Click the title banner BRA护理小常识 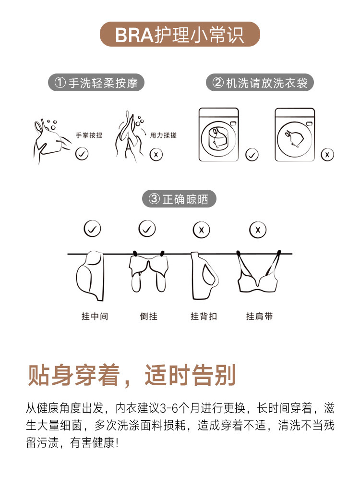[180, 34]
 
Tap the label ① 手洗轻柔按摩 [96, 83]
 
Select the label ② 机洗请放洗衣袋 [260, 83]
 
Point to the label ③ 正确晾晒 [179, 199]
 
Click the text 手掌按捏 [89, 135]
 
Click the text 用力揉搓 [163, 135]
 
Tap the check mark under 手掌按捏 [82, 154]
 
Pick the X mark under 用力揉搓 [156, 155]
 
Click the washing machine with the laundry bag [218, 135]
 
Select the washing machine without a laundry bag [295, 135]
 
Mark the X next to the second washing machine [327, 155]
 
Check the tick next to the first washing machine [252, 155]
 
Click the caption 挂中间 [95, 317]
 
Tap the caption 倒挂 [149, 317]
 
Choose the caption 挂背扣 [204, 317]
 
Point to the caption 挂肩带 [259, 317]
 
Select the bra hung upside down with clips [149, 271]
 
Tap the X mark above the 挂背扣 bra [202, 230]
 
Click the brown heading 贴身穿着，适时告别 [132, 375]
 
